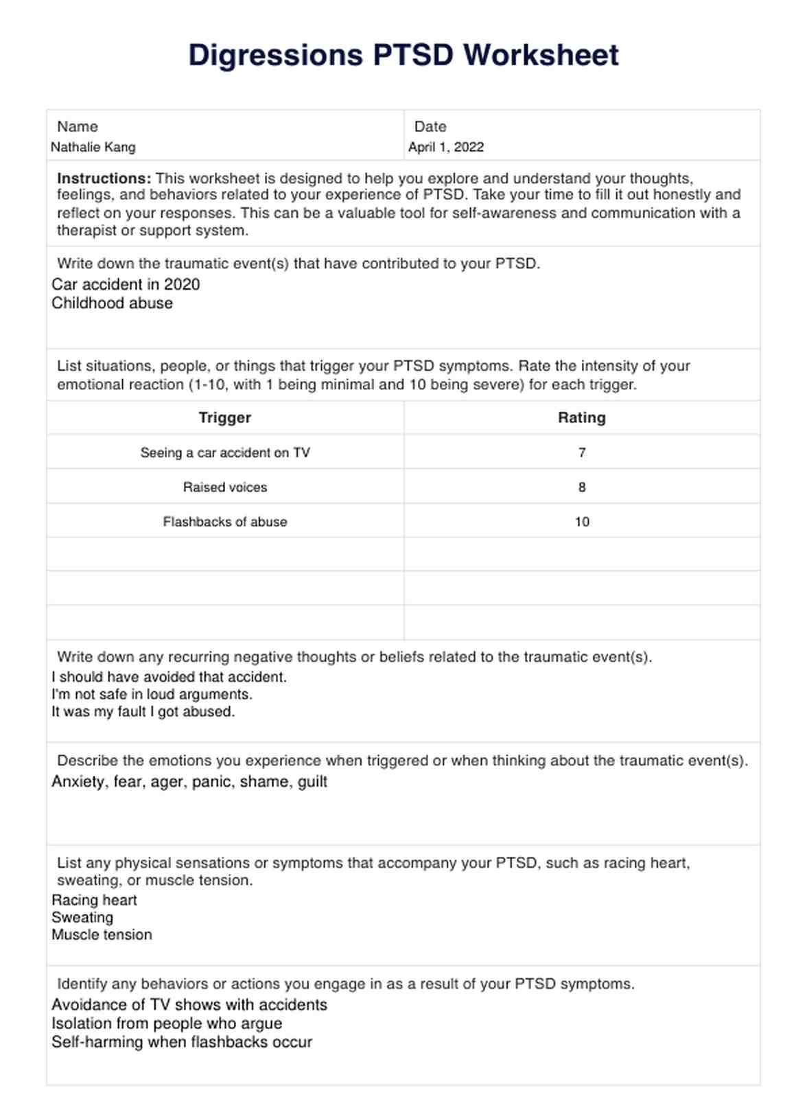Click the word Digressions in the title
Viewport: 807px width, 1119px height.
coord(275,55)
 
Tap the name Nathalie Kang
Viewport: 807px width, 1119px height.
coord(93,147)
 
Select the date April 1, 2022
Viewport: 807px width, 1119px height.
coord(446,147)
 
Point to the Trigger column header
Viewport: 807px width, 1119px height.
coord(225,417)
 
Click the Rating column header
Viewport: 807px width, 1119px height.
coord(582,417)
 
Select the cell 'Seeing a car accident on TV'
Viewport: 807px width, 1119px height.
coord(225,452)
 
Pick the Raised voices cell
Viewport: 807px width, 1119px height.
coord(225,487)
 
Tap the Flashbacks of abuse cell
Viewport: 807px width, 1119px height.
coord(225,522)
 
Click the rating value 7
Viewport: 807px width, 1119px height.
coord(582,452)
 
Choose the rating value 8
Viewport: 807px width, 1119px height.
coord(582,487)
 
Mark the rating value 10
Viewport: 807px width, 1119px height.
coord(582,522)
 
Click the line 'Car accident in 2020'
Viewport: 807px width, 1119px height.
coord(126,284)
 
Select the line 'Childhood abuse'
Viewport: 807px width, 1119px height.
coord(113,303)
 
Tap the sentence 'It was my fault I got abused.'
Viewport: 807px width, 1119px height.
coord(143,711)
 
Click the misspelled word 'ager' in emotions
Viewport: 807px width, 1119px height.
coord(167,782)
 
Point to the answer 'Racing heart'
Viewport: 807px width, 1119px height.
coord(95,900)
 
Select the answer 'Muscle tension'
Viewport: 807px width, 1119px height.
coord(102,934)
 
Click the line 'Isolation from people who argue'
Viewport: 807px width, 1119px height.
coord(167,1023)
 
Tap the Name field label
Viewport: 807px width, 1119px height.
coord(78,126)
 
